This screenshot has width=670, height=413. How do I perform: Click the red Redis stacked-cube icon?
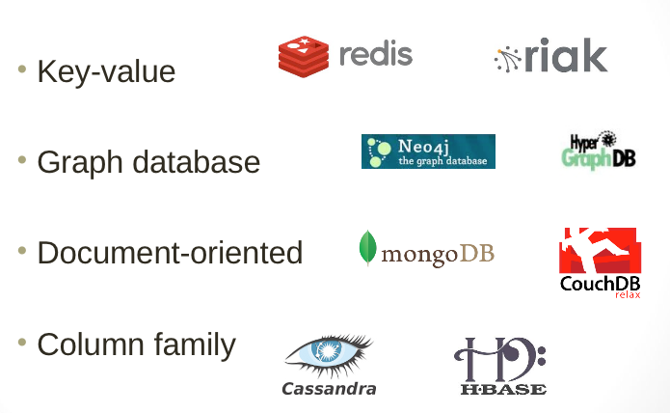(304, 55)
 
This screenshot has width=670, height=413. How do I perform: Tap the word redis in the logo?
(375, 54)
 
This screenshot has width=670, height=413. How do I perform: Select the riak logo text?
(566, 56)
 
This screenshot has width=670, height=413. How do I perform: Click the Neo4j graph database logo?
(428, 151)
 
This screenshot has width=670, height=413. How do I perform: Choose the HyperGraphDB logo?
(598, 151)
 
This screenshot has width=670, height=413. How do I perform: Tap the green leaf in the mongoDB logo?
(367, 249)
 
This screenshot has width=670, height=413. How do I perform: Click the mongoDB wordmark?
(438, 255)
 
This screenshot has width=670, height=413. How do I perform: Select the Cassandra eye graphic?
(329, 356)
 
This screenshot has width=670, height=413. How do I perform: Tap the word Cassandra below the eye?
(329, 389)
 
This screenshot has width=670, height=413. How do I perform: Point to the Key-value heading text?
(106, 71)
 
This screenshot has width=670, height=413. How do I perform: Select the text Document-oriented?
(170, 253)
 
